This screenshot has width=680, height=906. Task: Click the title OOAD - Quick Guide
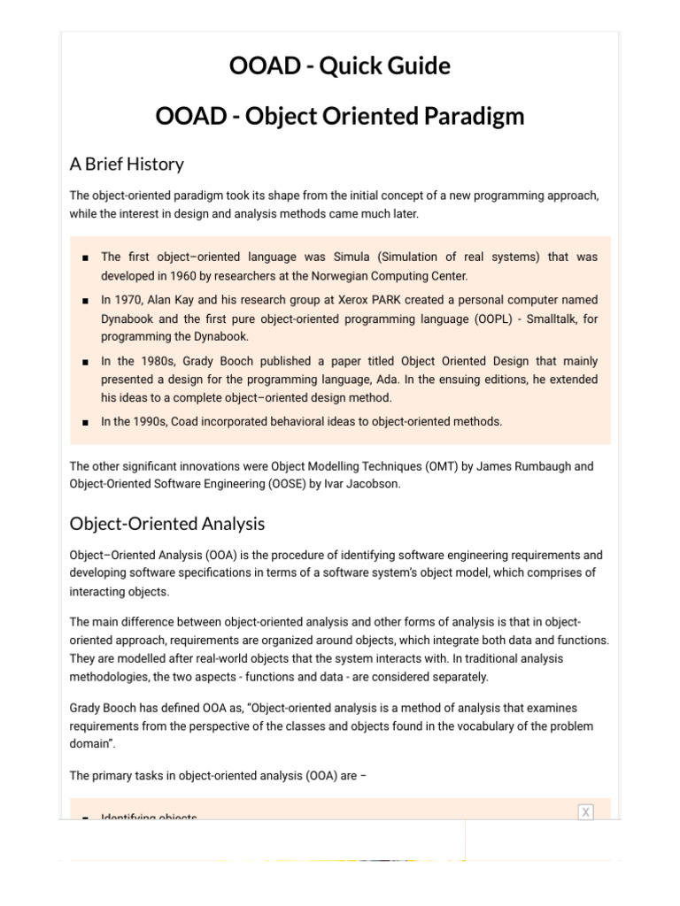coord(340,66)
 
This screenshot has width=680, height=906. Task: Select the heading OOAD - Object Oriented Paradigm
coord(340,117)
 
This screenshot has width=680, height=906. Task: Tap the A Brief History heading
coord(127,164)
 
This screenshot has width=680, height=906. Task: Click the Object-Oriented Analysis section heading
coord(166,524)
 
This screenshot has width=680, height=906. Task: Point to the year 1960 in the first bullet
coord(190,276)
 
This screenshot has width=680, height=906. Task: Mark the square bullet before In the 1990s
coord(84,423)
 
